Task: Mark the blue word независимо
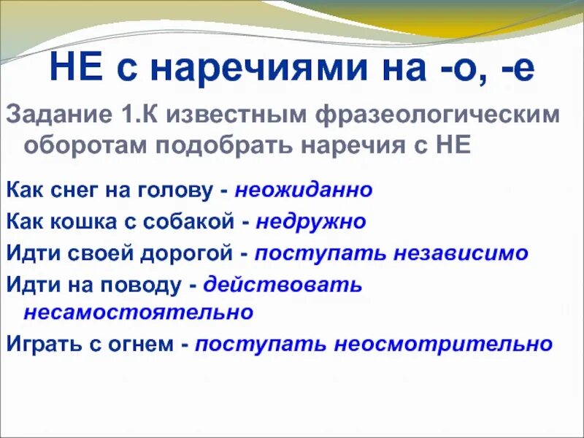461,253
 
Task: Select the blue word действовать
283,284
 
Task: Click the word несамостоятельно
139,312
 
